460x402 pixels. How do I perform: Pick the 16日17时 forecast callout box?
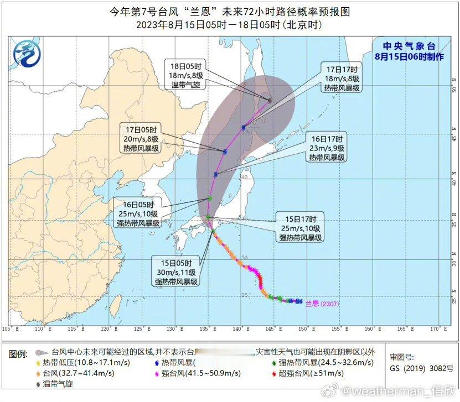pos(327,148)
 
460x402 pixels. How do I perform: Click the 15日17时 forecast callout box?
pos(301,228)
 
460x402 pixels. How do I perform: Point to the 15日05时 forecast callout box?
pos(177,272)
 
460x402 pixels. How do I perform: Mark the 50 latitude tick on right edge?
pos(453,88)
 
